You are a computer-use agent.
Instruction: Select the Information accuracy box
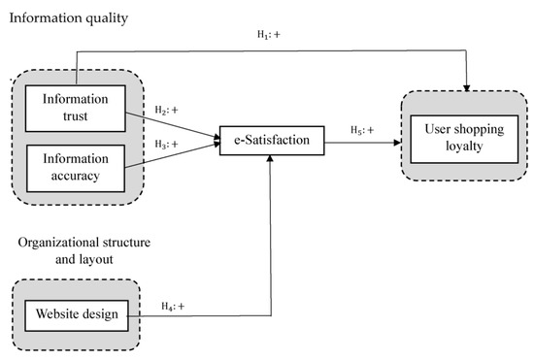point(75,161)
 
